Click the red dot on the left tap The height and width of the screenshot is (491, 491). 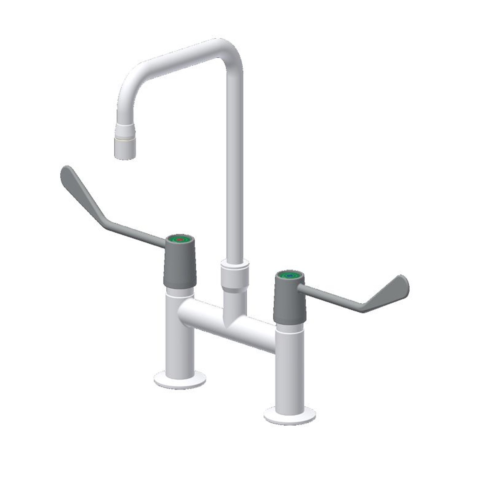(180, 239)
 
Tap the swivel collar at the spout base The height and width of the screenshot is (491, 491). (235, 275)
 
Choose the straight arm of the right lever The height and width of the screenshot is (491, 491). (331, 296)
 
